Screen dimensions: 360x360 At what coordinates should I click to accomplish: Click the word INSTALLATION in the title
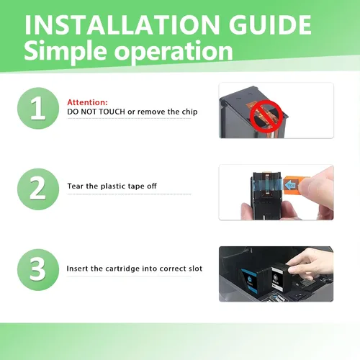pyautogui.click(x=122, y=24)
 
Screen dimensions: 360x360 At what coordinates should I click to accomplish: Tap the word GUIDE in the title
pyautogui.click(x=270, y=24)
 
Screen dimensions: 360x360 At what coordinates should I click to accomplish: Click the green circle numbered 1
pyautogui.click(x=38, y=108)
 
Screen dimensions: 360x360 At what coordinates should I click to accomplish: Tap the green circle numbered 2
pyautogui.click(x=38, y=189)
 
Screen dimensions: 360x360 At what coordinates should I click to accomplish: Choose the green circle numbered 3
pyautogui.click(x=38, y=270)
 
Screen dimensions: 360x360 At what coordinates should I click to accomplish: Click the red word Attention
pyautogui.click(x=87, y=102)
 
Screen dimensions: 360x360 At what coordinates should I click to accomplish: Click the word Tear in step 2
pyautogui.click(x=76, y=186)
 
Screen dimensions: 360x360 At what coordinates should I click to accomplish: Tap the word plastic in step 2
pyautogui.click(x=112, y=186)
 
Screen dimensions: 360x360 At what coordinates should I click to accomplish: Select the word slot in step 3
pyautogui.click(x=195, y=269)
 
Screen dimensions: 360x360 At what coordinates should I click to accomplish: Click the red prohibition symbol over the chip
pyautogui.click(x=266, y=117)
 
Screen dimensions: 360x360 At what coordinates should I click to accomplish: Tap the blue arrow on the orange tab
pyautogui.click(x=291, y=185)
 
